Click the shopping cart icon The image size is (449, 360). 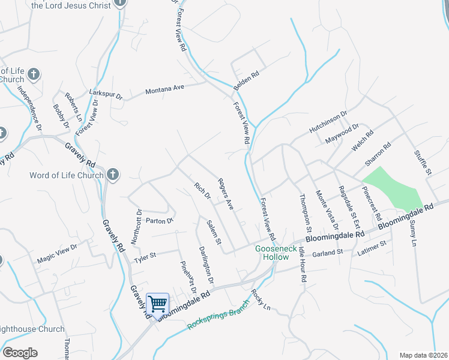157,304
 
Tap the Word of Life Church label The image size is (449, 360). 67,176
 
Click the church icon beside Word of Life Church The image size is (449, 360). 112,175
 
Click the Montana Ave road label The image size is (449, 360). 164,89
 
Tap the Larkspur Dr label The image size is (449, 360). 105,95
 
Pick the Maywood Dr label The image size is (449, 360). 342,132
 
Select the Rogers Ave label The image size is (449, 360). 225,193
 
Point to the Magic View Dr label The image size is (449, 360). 57,252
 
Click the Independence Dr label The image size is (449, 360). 29,109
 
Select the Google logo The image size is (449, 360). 20,353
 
